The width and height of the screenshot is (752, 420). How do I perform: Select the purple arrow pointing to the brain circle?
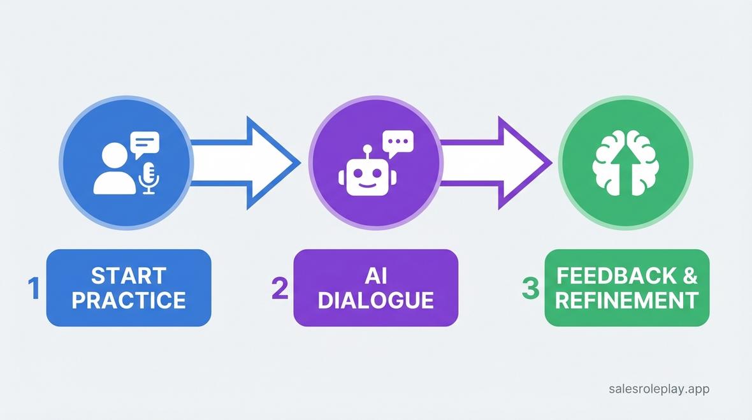click(x=494, y=163)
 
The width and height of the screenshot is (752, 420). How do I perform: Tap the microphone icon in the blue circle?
click(x=148, y=177)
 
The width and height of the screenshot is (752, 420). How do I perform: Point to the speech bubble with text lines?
click(x=144, y=143)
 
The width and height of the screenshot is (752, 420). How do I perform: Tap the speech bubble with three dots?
click(x=398, y=142)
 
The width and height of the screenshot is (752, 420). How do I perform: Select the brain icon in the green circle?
click(x=625, y=164)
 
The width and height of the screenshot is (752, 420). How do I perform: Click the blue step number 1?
click(x=34, y=288)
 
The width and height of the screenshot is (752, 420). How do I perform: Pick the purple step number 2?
click(x=280, y=288)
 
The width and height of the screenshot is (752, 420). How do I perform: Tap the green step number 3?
click(x=530, y=288)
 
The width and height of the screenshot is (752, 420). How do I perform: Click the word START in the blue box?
click(x=129, y=276)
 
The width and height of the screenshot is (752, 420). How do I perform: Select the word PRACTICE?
click(x=129, y=300)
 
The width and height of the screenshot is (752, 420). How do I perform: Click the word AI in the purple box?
click(x=375, y=276)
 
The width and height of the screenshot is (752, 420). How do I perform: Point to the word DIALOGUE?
click(x=375, y=300)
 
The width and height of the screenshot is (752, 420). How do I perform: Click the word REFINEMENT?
click(x=627, y=300)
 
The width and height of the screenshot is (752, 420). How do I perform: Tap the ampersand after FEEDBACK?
click(x=690, y=276)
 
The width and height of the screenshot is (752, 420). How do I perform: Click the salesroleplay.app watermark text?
click(x=659, y=388)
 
